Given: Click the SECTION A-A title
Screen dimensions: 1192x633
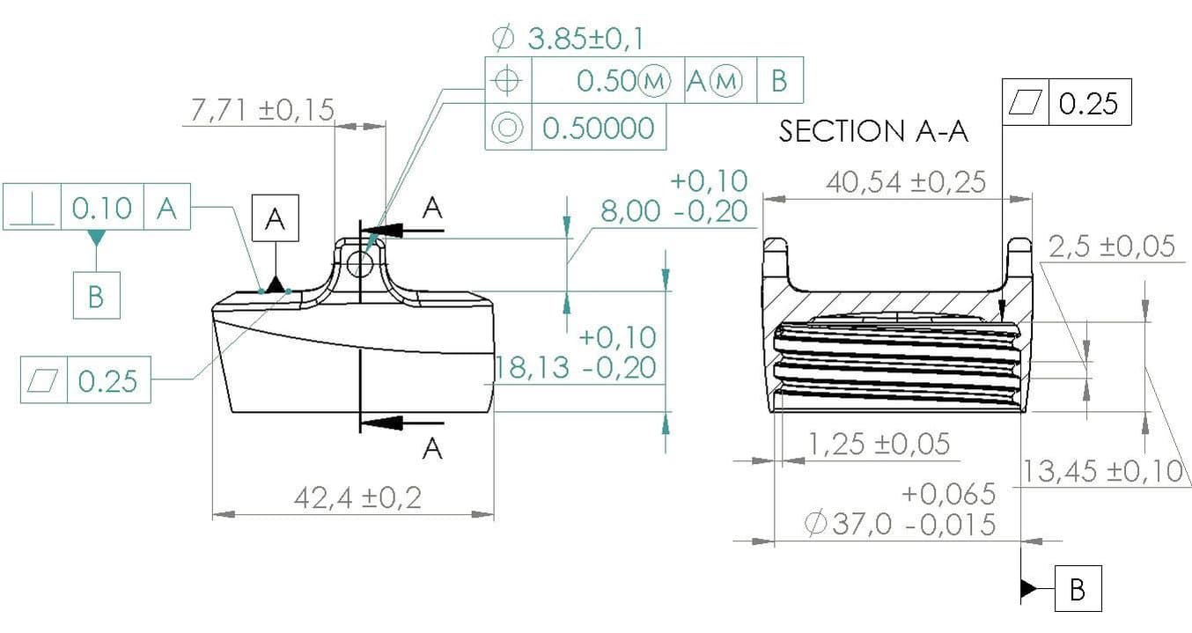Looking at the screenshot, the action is click(873, 131).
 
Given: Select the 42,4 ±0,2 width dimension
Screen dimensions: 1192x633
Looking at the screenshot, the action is click(357, 497).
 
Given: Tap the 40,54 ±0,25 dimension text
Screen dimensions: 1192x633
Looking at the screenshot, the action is click(906, 182).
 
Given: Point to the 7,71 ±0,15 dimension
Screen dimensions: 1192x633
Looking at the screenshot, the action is click(261, 110).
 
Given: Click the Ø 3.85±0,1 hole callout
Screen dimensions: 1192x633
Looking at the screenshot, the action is click(568, 39).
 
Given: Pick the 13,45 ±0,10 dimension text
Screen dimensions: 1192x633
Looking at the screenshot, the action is click(1102, 471).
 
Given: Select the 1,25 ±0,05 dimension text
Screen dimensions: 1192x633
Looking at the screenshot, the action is click(879, 444).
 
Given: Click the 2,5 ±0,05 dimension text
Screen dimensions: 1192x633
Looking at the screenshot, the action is click(1112, 246).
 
